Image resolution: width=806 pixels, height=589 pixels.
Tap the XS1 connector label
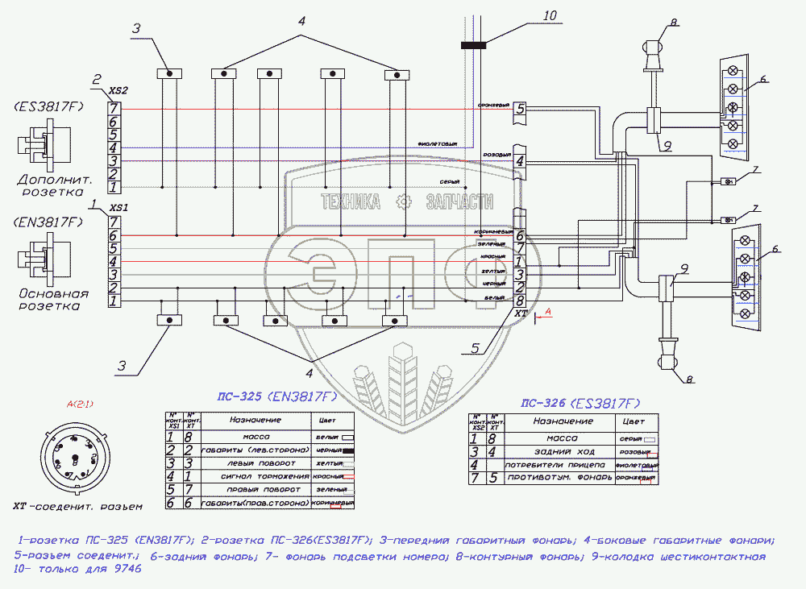pyautogui.click(x=120, y=207)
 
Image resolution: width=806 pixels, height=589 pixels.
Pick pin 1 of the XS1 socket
pyautogui.click(x=114, y=301)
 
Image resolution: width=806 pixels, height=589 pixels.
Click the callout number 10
pyautogui.click(x=550, y=15)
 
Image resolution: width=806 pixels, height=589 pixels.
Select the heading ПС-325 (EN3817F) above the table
pyautogui.click(x=277, y=396)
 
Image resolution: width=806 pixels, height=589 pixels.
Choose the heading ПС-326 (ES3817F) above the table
pyautogui.click(x=580, y=403)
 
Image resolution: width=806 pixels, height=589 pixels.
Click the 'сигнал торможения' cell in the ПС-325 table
pyautogui.click(x=256, y=476)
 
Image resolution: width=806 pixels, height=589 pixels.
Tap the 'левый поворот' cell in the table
pyautogui.click(x=256, y=463)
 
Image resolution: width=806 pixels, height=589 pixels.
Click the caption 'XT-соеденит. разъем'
pyautogui.click(x=77, y=507)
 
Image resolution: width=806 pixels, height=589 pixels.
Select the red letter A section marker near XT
pyautogui.click(x=547, y=310)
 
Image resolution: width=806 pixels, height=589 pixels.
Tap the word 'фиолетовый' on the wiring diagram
pyautogui.click(x=437, y=144)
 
